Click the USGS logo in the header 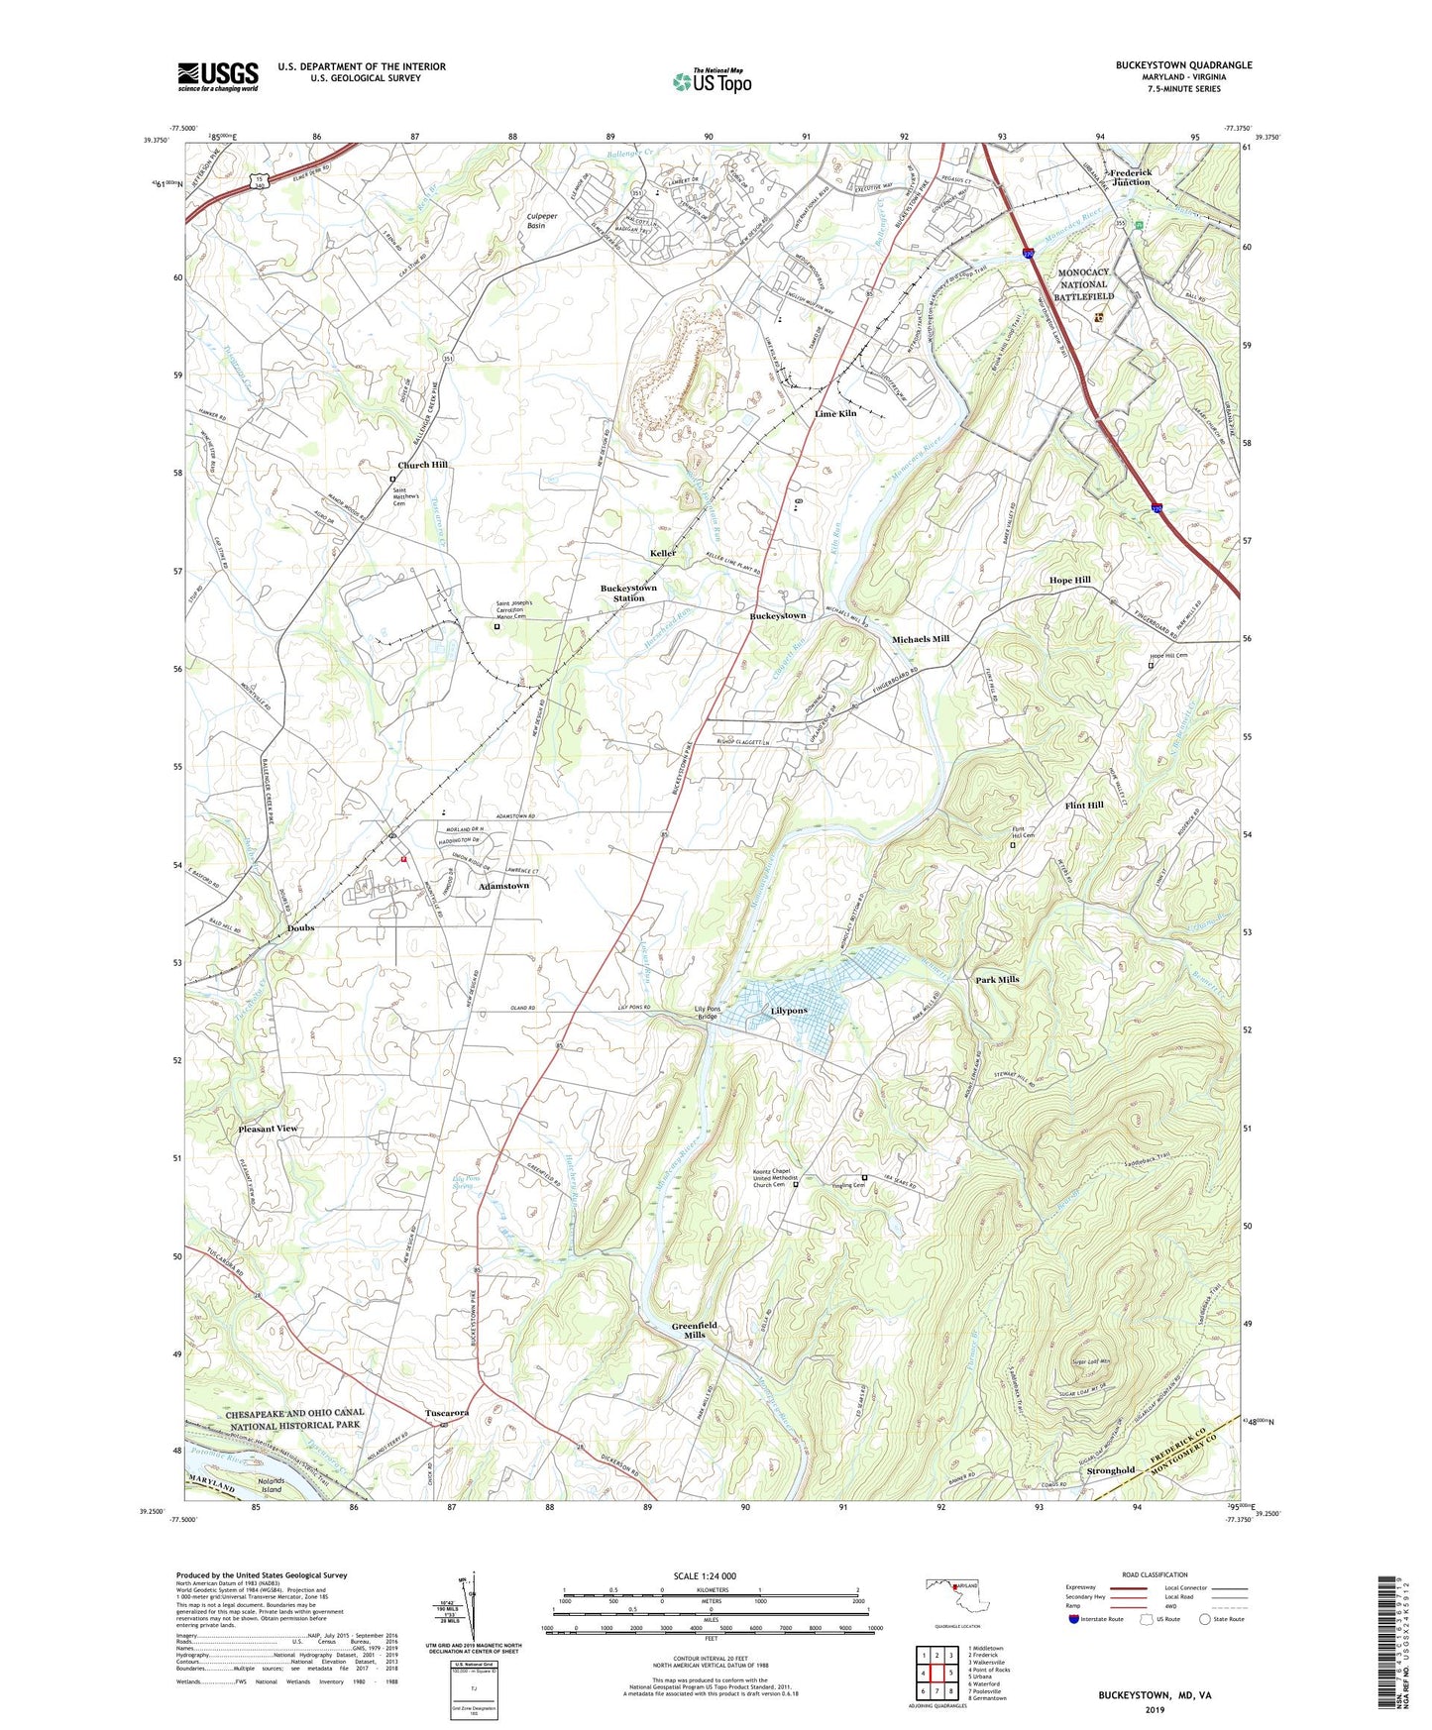click(218, 75)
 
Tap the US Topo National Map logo click(711, 80)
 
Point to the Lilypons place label click(789, 1011)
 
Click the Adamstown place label click(503, 886)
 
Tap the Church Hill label click(422, 465)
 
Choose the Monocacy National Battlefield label click(1083, 284)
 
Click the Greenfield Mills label click(694, 1330)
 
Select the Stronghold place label click(1110, 1470)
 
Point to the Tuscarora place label click(447, 1413)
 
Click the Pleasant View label click(268, 1129)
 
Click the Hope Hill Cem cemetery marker click(1151, 665)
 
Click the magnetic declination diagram click(474, 1609)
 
